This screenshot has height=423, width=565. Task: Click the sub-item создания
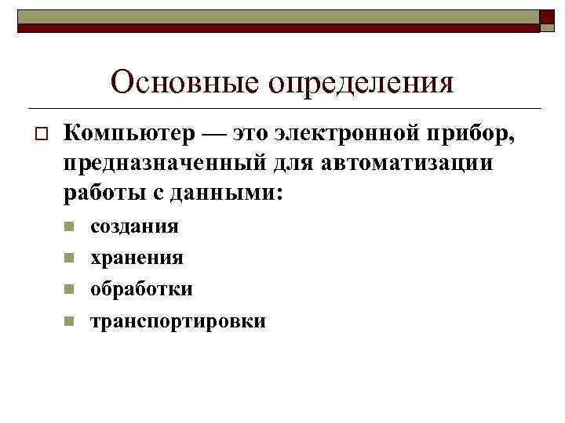click(x=134, y=227)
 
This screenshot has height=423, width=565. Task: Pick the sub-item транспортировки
click(x=178, y=321)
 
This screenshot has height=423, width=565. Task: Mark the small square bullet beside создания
click(x=68, y=227)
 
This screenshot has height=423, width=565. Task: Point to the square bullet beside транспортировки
click(x=68, y=321)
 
